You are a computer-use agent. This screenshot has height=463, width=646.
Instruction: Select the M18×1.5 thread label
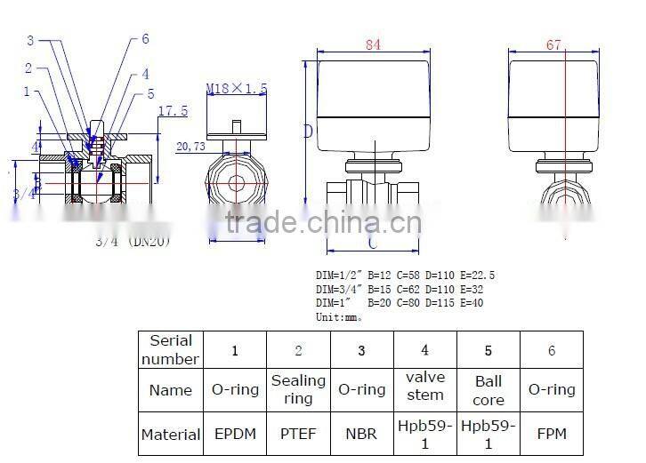pos(236,89)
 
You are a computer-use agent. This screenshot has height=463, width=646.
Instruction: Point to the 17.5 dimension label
pos(172,111)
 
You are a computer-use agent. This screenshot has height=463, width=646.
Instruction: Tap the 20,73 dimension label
pos(190,146)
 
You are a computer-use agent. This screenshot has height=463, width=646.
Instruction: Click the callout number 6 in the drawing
pos(145,40)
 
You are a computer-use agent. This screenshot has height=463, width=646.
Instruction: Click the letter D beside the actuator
pos(307,132)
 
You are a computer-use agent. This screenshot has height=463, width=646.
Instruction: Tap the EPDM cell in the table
pos(235,435)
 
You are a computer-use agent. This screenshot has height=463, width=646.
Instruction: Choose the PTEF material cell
pos(298,435)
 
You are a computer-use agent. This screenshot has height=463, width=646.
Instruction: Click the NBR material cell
pos(361,435)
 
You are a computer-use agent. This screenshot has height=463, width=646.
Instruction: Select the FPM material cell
pos(552,435)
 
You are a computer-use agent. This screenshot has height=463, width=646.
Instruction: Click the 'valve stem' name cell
pos(424,389)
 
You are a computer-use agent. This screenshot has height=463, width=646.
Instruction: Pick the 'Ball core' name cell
pos(489,389)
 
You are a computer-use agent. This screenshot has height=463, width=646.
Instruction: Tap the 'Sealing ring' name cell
pos(298,389)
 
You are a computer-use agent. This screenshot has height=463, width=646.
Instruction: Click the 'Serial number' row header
pos(170,350)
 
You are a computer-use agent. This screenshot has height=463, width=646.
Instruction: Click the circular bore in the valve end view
pos(237,184)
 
